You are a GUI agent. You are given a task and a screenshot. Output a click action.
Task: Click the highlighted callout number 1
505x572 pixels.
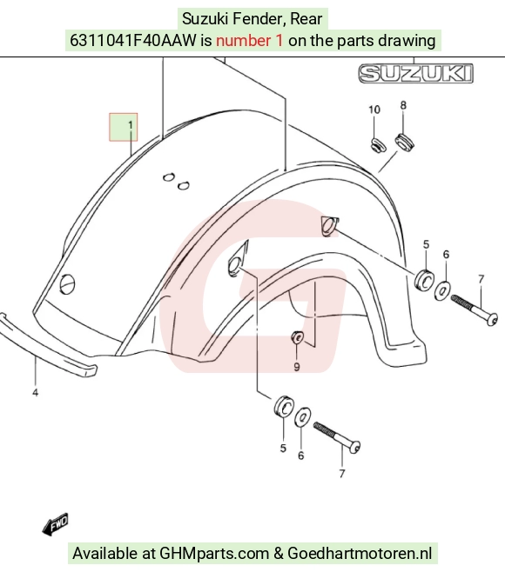click(131, 125)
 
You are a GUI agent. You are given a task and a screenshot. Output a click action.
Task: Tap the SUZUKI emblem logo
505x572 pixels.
click(415, 73)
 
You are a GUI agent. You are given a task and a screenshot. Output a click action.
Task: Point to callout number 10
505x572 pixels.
click(374, 110)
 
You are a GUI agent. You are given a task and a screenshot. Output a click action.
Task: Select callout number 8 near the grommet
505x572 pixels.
click(403, 105)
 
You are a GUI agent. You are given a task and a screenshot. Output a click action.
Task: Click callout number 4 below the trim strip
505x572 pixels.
click(35, 393)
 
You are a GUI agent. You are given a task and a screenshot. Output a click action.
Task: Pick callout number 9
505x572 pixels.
click(297, 367)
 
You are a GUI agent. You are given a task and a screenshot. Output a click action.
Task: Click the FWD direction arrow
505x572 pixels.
click(55, 524)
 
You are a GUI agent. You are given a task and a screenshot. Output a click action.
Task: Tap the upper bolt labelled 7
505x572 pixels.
click(474, 310)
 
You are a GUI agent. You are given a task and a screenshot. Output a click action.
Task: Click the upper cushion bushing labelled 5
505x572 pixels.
click(425, 279)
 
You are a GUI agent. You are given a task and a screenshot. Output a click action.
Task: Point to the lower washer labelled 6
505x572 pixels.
click(302, 416)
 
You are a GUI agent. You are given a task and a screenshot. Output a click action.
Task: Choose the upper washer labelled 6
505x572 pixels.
click(442, 290)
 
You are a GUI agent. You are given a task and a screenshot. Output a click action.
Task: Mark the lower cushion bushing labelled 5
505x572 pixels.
click(284, 405)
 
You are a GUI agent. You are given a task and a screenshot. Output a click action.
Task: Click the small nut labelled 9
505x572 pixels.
click(297, 337)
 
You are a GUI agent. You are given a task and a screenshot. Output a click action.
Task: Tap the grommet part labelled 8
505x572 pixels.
click(404, 143)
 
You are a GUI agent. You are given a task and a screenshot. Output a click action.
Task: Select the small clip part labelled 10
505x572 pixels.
click(378, 145)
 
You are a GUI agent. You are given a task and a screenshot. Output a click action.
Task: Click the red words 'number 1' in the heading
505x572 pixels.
click(250, 41)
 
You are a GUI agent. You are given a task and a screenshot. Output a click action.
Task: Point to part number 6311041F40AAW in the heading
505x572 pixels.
click(133, 41)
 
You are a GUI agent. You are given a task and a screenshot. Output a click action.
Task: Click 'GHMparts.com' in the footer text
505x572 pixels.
click(214, 554)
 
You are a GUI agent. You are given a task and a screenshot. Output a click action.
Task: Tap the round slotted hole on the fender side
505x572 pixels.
click(67, 283)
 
